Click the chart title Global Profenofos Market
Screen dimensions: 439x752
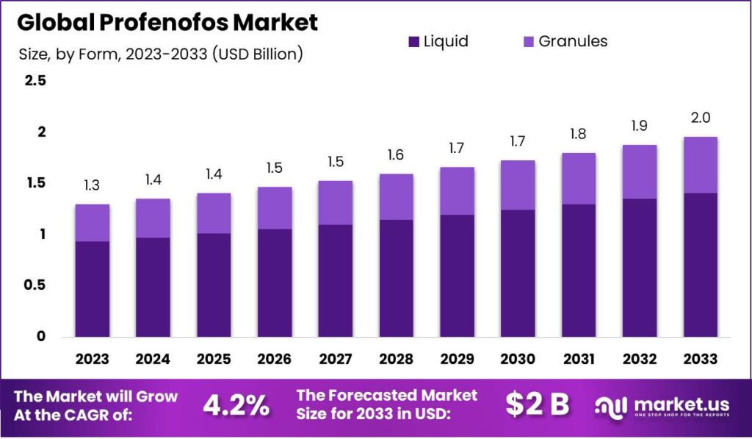coord(167,22)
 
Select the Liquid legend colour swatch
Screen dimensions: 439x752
coord(413,42)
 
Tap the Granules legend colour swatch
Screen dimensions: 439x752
coord(527,42)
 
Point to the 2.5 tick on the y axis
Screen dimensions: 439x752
coord(35,81)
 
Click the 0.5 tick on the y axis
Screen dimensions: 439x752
coord(35,285)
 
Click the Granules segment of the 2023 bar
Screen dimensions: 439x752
coord(92,223)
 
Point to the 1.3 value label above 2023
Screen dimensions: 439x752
coord(92,186)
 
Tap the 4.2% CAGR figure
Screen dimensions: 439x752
coord(236,404)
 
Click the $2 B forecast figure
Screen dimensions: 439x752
coord(538,404)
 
